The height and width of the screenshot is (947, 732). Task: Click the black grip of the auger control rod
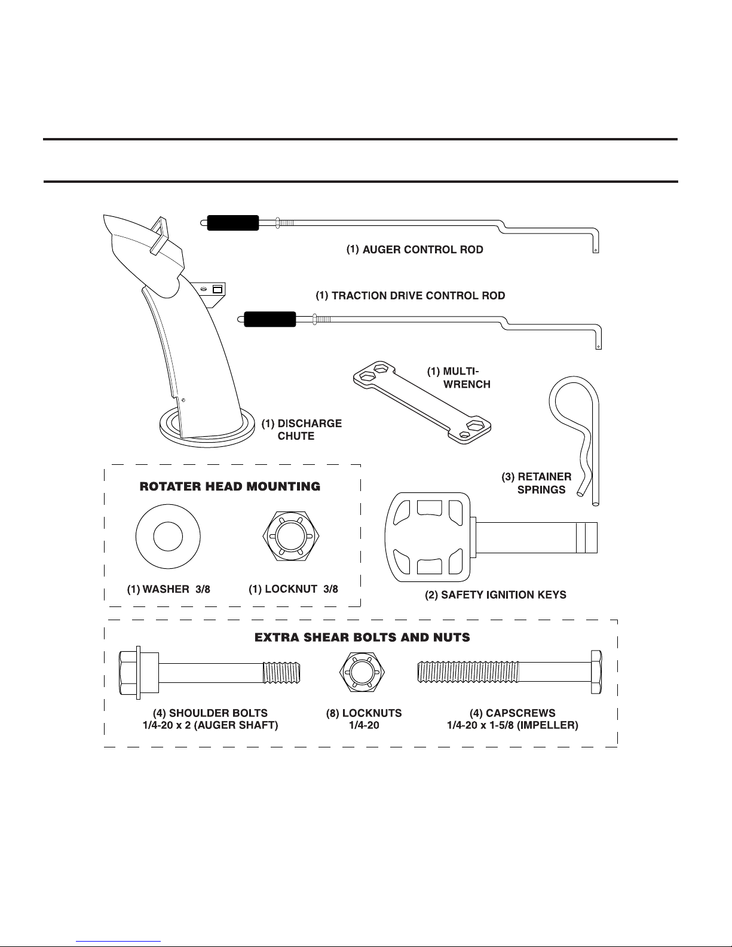click(232, 223)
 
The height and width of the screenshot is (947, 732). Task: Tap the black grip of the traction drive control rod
click(269, 319)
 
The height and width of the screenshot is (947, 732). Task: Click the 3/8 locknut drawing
click(290, 536)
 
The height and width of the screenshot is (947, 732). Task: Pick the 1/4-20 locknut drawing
click(362, 672)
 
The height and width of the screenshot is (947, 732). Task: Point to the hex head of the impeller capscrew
click(596, 672)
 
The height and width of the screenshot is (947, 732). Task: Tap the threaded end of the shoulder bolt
click(281, 672)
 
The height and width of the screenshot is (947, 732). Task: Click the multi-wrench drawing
click(422, 402)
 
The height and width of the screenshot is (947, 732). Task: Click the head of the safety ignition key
click(427, 537)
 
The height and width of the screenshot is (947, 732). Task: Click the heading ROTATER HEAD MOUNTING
click(229, 486)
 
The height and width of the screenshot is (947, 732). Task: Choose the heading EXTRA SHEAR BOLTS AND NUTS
click(362, 638)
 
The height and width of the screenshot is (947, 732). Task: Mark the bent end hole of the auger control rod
click(596, 250)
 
